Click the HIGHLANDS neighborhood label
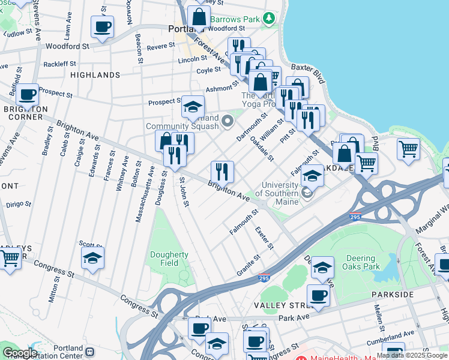95,75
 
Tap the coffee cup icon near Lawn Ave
102,26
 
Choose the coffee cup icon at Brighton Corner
27,94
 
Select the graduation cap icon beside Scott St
92,258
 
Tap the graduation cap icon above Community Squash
193,107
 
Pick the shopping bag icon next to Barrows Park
199,17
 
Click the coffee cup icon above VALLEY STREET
318,296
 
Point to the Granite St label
248,265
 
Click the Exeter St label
264,238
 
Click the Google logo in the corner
19,353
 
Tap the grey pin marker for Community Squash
227,122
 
